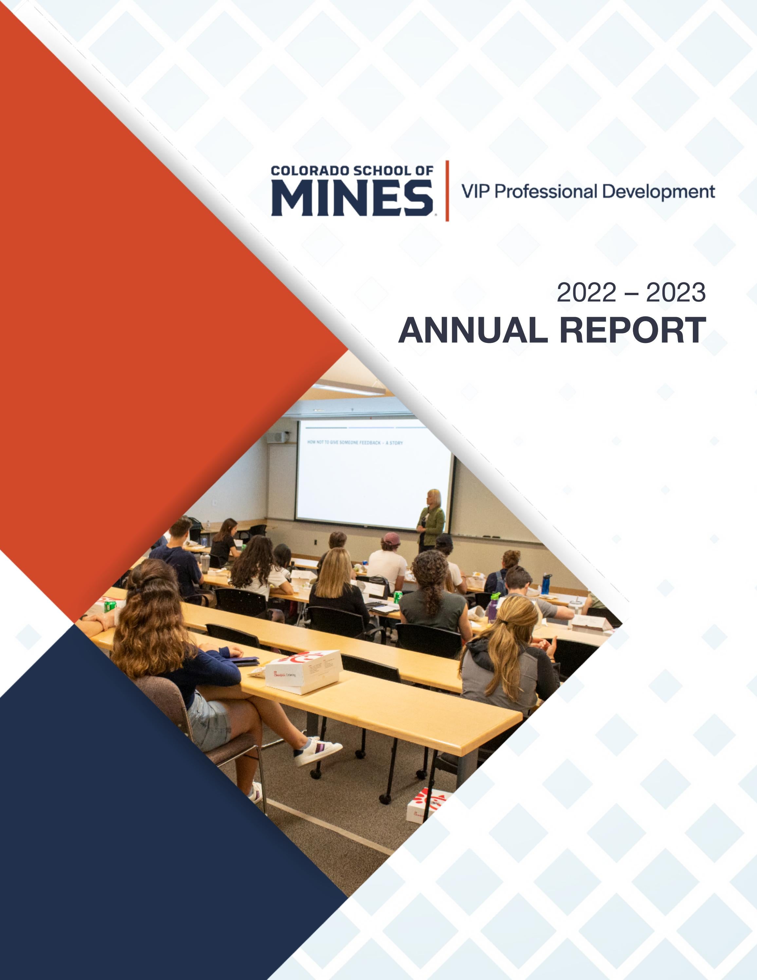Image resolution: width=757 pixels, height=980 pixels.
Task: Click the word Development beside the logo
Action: [x=658, y=192]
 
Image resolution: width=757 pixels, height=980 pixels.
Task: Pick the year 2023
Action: [x=675, y=293]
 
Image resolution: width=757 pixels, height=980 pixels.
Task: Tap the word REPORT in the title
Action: [x=632, y=331]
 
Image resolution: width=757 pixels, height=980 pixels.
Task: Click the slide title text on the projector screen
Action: [x=355, y=443]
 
